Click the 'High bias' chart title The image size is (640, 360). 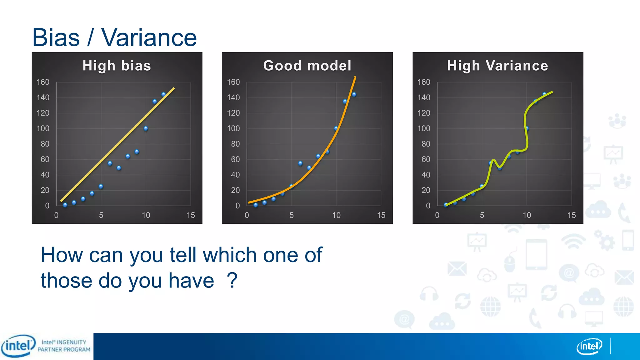(117, 66)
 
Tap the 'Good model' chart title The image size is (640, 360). (307, 66)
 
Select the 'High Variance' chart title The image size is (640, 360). (497, 66)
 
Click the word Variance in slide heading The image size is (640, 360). (149, 38)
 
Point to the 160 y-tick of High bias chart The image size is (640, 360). (43, 82)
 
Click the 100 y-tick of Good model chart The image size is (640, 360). (233, 128)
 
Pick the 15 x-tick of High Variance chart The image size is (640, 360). (571, 215)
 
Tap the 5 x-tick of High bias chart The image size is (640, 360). (101, 215)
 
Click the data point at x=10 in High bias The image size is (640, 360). (146, 128)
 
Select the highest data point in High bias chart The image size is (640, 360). (163, 94)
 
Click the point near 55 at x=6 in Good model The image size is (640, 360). (300, 163)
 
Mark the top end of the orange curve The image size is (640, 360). (355, 77)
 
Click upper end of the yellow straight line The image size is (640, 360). (174, 88)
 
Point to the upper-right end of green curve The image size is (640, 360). (552, 92)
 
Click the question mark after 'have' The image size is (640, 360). (232, 280)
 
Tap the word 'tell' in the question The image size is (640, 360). (183, 255)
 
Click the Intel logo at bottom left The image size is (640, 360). (18, 346)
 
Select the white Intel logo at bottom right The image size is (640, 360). (589, 346)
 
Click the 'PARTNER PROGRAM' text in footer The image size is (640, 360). (64, 350)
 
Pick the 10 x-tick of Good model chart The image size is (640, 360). (336, 215)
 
